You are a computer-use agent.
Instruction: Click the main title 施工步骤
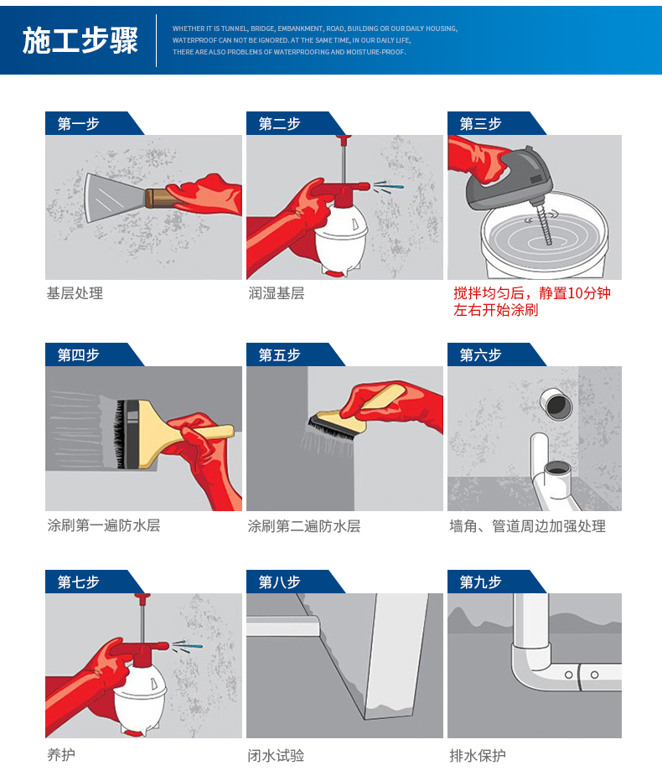point(80,40)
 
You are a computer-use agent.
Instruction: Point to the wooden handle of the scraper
point(158,198)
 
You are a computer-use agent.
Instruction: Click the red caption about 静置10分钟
point(531,302)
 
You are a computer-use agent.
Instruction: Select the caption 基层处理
point(75,293)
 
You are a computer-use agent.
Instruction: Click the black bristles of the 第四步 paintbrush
point(120,434)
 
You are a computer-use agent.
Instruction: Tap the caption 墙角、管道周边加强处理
point(528,526)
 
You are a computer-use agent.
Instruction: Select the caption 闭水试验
point(276,756)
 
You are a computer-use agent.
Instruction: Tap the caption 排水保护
point(477,756)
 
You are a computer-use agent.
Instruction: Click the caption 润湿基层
point(276,293)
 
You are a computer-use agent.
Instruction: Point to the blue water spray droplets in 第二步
point(389,187)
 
